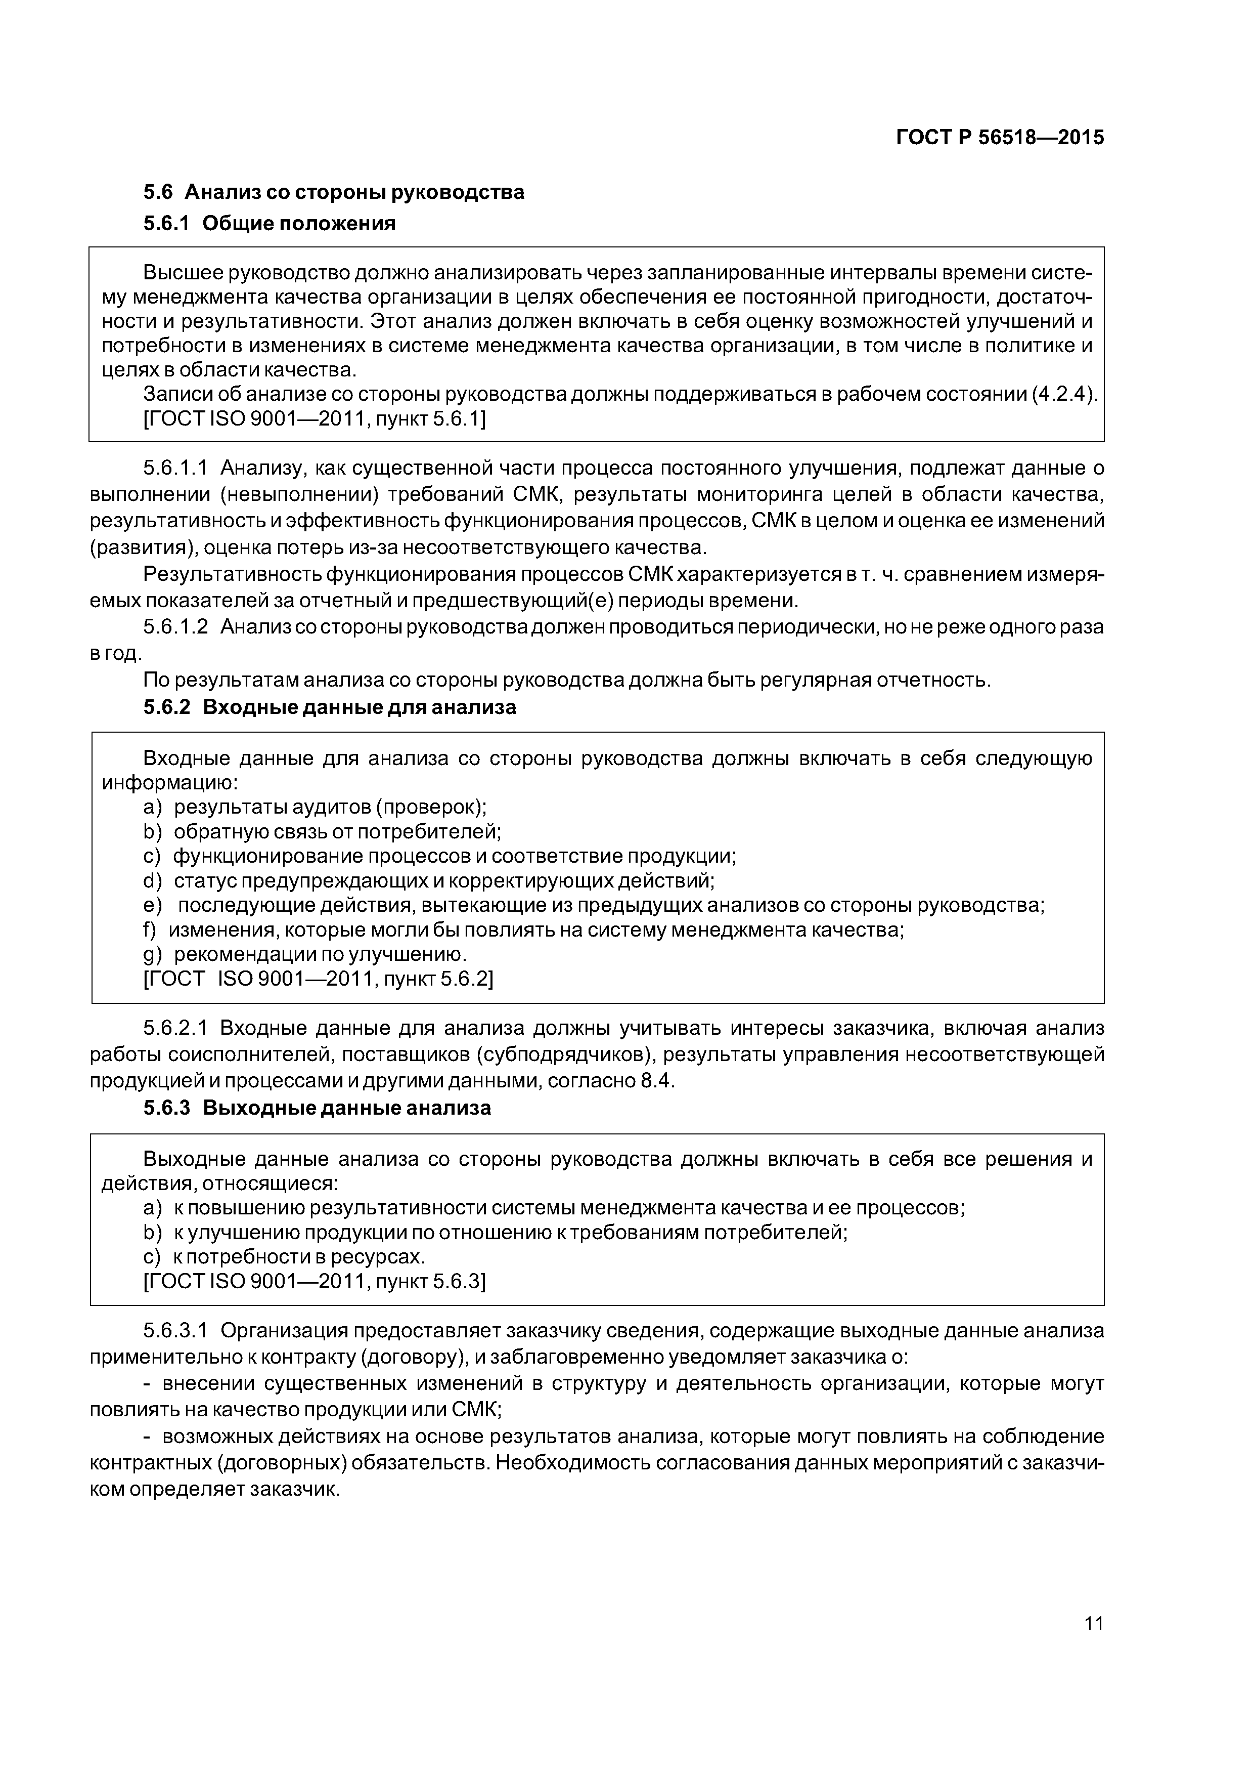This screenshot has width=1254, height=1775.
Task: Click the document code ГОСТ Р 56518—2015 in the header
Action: pyautogui.click(x=999, y=138)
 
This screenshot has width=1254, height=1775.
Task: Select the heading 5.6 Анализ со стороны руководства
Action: pyautogui.click(x=334, y=192)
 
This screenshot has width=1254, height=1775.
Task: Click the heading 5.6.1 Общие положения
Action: pyautogui.click(x=269, y=224)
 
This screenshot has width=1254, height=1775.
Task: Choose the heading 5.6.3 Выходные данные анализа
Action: pyautogui.click(x=317, y=1108)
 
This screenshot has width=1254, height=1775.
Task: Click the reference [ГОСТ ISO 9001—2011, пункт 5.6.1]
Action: pyautogui.click(x=315, y=418)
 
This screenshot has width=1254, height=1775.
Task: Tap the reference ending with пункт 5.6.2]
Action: pyautogui.click(x=319, y=979)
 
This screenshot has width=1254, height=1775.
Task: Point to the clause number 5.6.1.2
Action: pyautogui.click(x=176, y=627)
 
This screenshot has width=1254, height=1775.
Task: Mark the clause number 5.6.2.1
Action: pyautogui.click(x=176, y=1028)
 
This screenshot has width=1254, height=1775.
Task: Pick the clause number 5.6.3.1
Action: pyautogui.click(x=176, y=1331)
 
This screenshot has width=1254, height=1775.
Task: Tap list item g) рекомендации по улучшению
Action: pyautogui.click(x=305, y=954)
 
